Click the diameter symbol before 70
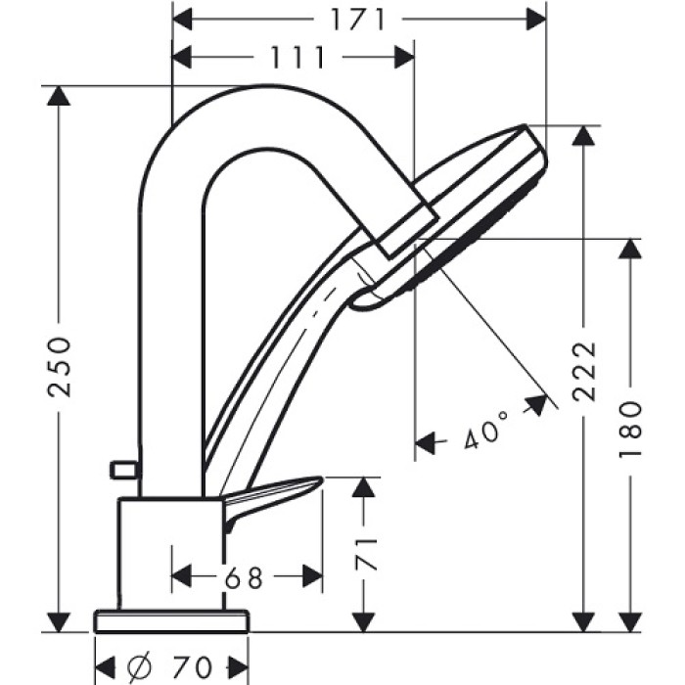click(x=137, y=666)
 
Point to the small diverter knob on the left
click(x=122, y=471)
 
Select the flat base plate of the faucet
click(x=171, y=621)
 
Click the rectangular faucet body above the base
click(x=166, y=553)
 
